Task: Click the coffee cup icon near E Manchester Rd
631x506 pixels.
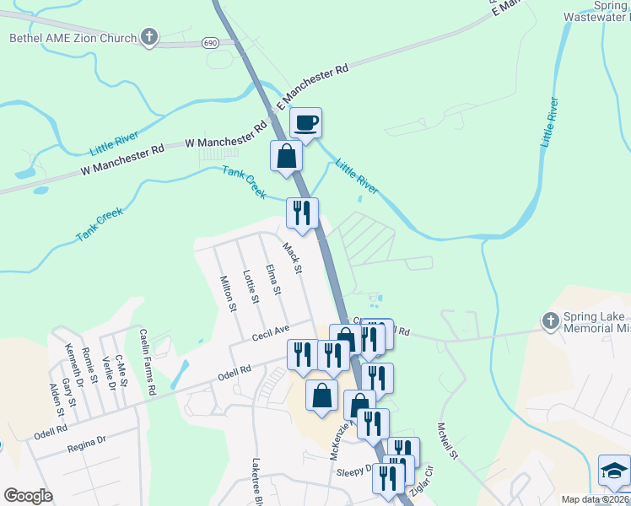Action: coord(306,123)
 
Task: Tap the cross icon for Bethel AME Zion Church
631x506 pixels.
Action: coord(149,37)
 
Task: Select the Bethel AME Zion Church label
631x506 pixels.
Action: coord(73,38)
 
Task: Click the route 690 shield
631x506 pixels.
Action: coord(210,41)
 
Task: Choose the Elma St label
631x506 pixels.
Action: coord(272,280)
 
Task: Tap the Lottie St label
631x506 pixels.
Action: coord(250,286)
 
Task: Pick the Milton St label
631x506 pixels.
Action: coord(226,294)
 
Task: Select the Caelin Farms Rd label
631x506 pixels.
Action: coord(148,363)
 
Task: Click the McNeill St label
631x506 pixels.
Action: coord(447,442)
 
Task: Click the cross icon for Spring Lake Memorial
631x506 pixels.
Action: coord(550,320)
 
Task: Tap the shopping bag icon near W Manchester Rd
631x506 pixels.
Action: coord(287,156)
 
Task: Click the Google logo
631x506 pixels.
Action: coord(28,496)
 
